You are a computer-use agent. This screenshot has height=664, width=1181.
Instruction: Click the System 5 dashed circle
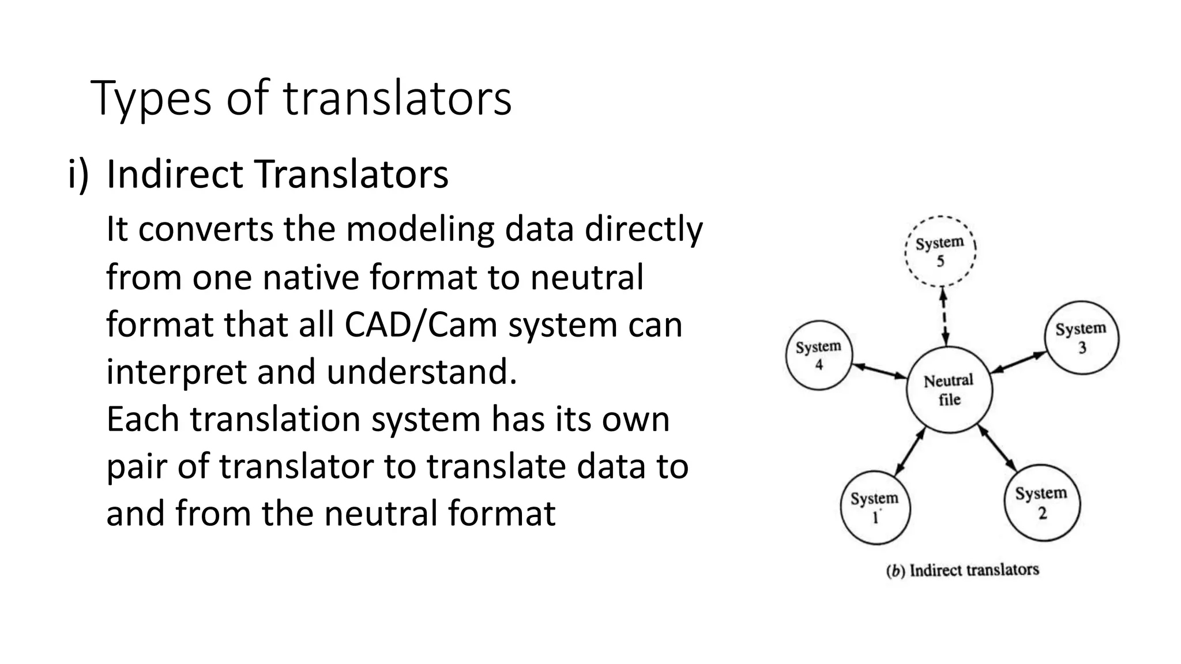[x=940, y=251]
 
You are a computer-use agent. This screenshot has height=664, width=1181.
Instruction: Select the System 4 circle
[x=819, y=355]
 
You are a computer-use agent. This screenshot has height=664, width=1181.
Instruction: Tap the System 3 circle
[x=1082, y=338]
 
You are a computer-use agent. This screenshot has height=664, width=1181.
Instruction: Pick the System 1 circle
[x=875, y=507]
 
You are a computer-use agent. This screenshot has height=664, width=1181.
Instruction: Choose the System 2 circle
[x=1041, y=503]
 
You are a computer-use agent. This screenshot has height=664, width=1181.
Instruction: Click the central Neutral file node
[x=949, y=390]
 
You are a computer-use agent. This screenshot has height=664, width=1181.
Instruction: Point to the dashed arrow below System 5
[x=944, y=316]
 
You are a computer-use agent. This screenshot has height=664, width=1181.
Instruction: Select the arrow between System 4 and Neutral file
[x=879, y=371]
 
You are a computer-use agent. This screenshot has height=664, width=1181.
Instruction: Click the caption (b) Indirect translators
[x=962, y=571]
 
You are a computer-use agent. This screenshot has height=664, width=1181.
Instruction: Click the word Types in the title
[x=151, y=98]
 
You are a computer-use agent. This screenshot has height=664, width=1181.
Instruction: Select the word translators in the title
[x=397, y=98]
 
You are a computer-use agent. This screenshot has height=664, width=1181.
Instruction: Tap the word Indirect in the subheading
[x=174, y=173]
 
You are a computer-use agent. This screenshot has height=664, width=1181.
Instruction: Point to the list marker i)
[x=78, y=173]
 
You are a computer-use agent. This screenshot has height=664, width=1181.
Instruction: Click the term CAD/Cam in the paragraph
[x=420, y=324]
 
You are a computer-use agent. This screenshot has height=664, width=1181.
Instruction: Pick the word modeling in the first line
[x=420, y=229]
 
